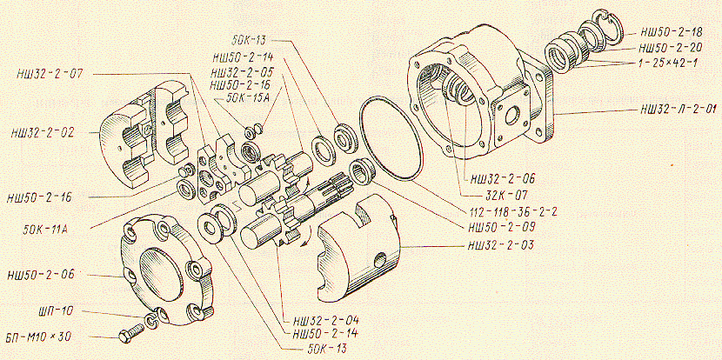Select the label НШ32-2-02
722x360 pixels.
click(41, 133)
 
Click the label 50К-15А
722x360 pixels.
click(249, 97)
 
